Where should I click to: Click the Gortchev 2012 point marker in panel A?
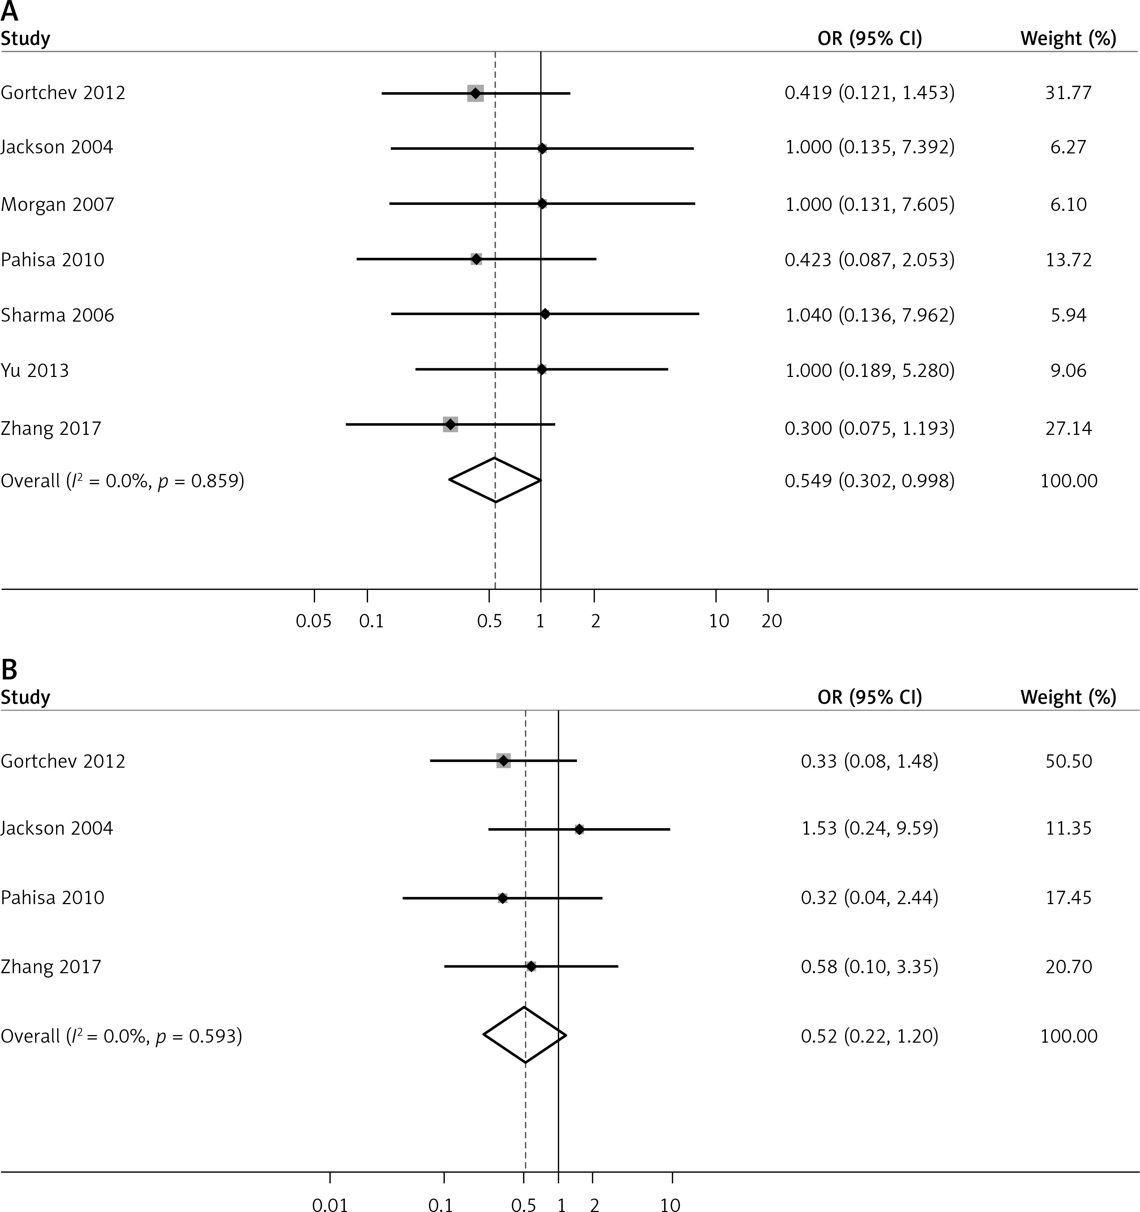pos(475,93)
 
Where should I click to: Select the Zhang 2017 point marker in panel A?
pos(450,424)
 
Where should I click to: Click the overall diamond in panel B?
pos(524,1035)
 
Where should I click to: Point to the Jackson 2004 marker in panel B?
pos(579,829)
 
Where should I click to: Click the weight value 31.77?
pos(1068,93)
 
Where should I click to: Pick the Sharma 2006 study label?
pos(57,315)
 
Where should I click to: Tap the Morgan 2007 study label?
pos(57,204)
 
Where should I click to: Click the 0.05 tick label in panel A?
pos(313,621)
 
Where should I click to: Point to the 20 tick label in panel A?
pos(772,621)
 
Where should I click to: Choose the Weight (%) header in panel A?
pos(1068,38)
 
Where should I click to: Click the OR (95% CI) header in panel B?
pos(870,697)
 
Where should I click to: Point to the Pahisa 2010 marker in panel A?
pos(476,259)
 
